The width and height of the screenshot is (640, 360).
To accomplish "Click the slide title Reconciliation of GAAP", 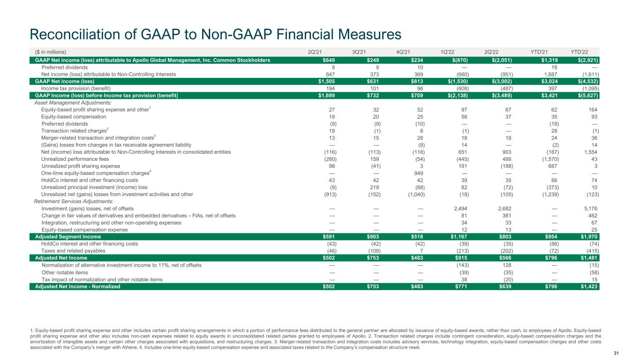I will point(216,34).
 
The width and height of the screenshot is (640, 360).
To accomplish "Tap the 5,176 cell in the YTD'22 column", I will point(592,208).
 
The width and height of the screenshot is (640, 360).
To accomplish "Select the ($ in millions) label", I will point(51,52).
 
